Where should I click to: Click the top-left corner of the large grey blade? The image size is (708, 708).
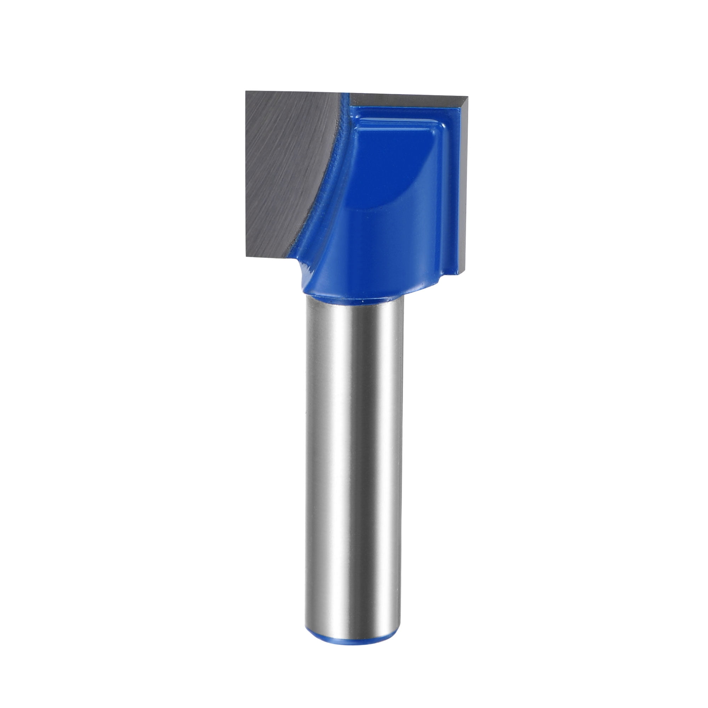[246, 92]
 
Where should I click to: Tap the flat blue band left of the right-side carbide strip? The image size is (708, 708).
[452, 190]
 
